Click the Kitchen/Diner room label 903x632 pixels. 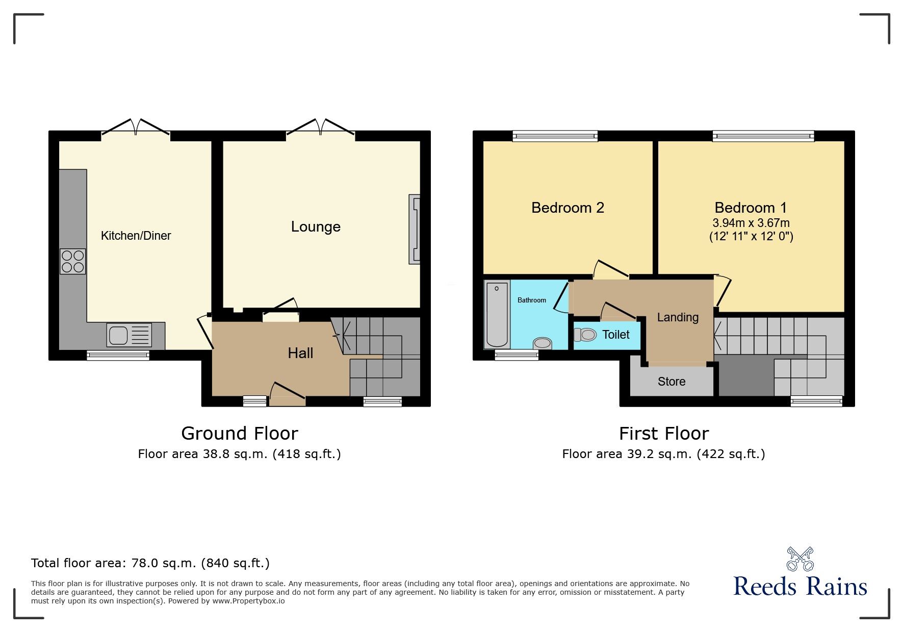coord(136,236)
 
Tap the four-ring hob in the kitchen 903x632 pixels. coord(72,261)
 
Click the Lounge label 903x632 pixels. coord(316,227)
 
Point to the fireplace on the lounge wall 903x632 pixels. coord(415,229)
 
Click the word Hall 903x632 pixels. coord(300,353)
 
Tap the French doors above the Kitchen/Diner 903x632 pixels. coord(136,127)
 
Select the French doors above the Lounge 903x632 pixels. coord(320,127)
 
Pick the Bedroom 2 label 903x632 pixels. coord(567,208)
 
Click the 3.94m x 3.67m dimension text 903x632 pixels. coord(751,223)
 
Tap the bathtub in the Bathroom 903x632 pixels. coord(497,314)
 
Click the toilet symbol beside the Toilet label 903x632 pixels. coord(585,335)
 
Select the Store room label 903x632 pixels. coord(671,382)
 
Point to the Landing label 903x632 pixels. coord(678,317)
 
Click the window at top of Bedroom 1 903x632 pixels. coord(763,136)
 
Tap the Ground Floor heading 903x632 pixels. coord(239,434)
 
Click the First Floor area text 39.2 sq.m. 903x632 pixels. coord(663,454)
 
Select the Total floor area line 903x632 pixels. coord(150,563)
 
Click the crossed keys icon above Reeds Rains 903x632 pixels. coord(799,559)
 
